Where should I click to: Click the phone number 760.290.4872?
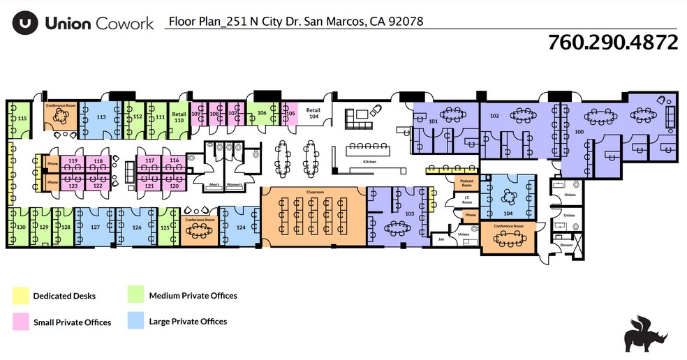click(x=612, y=43)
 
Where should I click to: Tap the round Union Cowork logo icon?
click(x=25, y=23)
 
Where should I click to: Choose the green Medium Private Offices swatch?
click(x=135, y=296)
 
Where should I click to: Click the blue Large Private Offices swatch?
click(x=135, y=322)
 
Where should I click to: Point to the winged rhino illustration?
click(x=646, y=333)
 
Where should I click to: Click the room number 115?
click(x=22, y=119)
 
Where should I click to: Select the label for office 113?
click(x=101, y=117)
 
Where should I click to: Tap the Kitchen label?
click(x=369, y=162)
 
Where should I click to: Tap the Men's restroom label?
click(x=215, y=185)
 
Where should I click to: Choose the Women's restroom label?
click(x=235, y=185)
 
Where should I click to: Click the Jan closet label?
click(x=441, y=239)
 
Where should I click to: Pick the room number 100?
click(x=579, y=130)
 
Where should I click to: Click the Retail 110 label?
click(x=179, y=117)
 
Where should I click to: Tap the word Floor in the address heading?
click(x=180, y=22)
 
